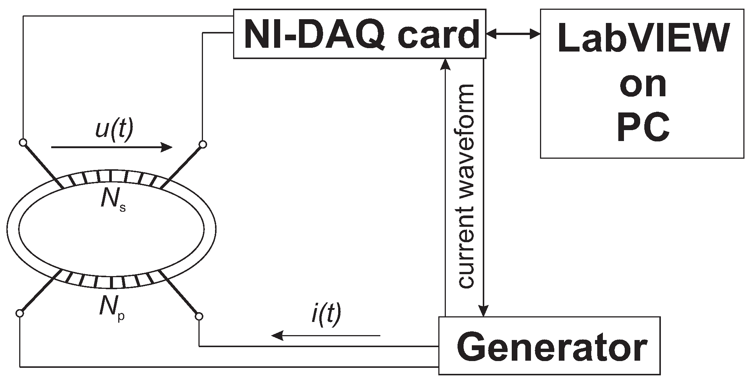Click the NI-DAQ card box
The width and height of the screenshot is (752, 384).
point(359,34)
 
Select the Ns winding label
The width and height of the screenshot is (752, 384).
point(113,200)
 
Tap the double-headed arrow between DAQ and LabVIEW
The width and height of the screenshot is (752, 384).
point(513,34)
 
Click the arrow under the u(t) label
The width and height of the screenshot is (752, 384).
point(111,147)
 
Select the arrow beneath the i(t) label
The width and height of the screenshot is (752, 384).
point(326,334)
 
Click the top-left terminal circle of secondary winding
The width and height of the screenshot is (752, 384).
point(23,143)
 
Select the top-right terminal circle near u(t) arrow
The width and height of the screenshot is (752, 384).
point(203,144)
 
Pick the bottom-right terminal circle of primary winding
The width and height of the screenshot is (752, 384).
point(199,316)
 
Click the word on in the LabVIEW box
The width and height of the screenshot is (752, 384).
point(642,85)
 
